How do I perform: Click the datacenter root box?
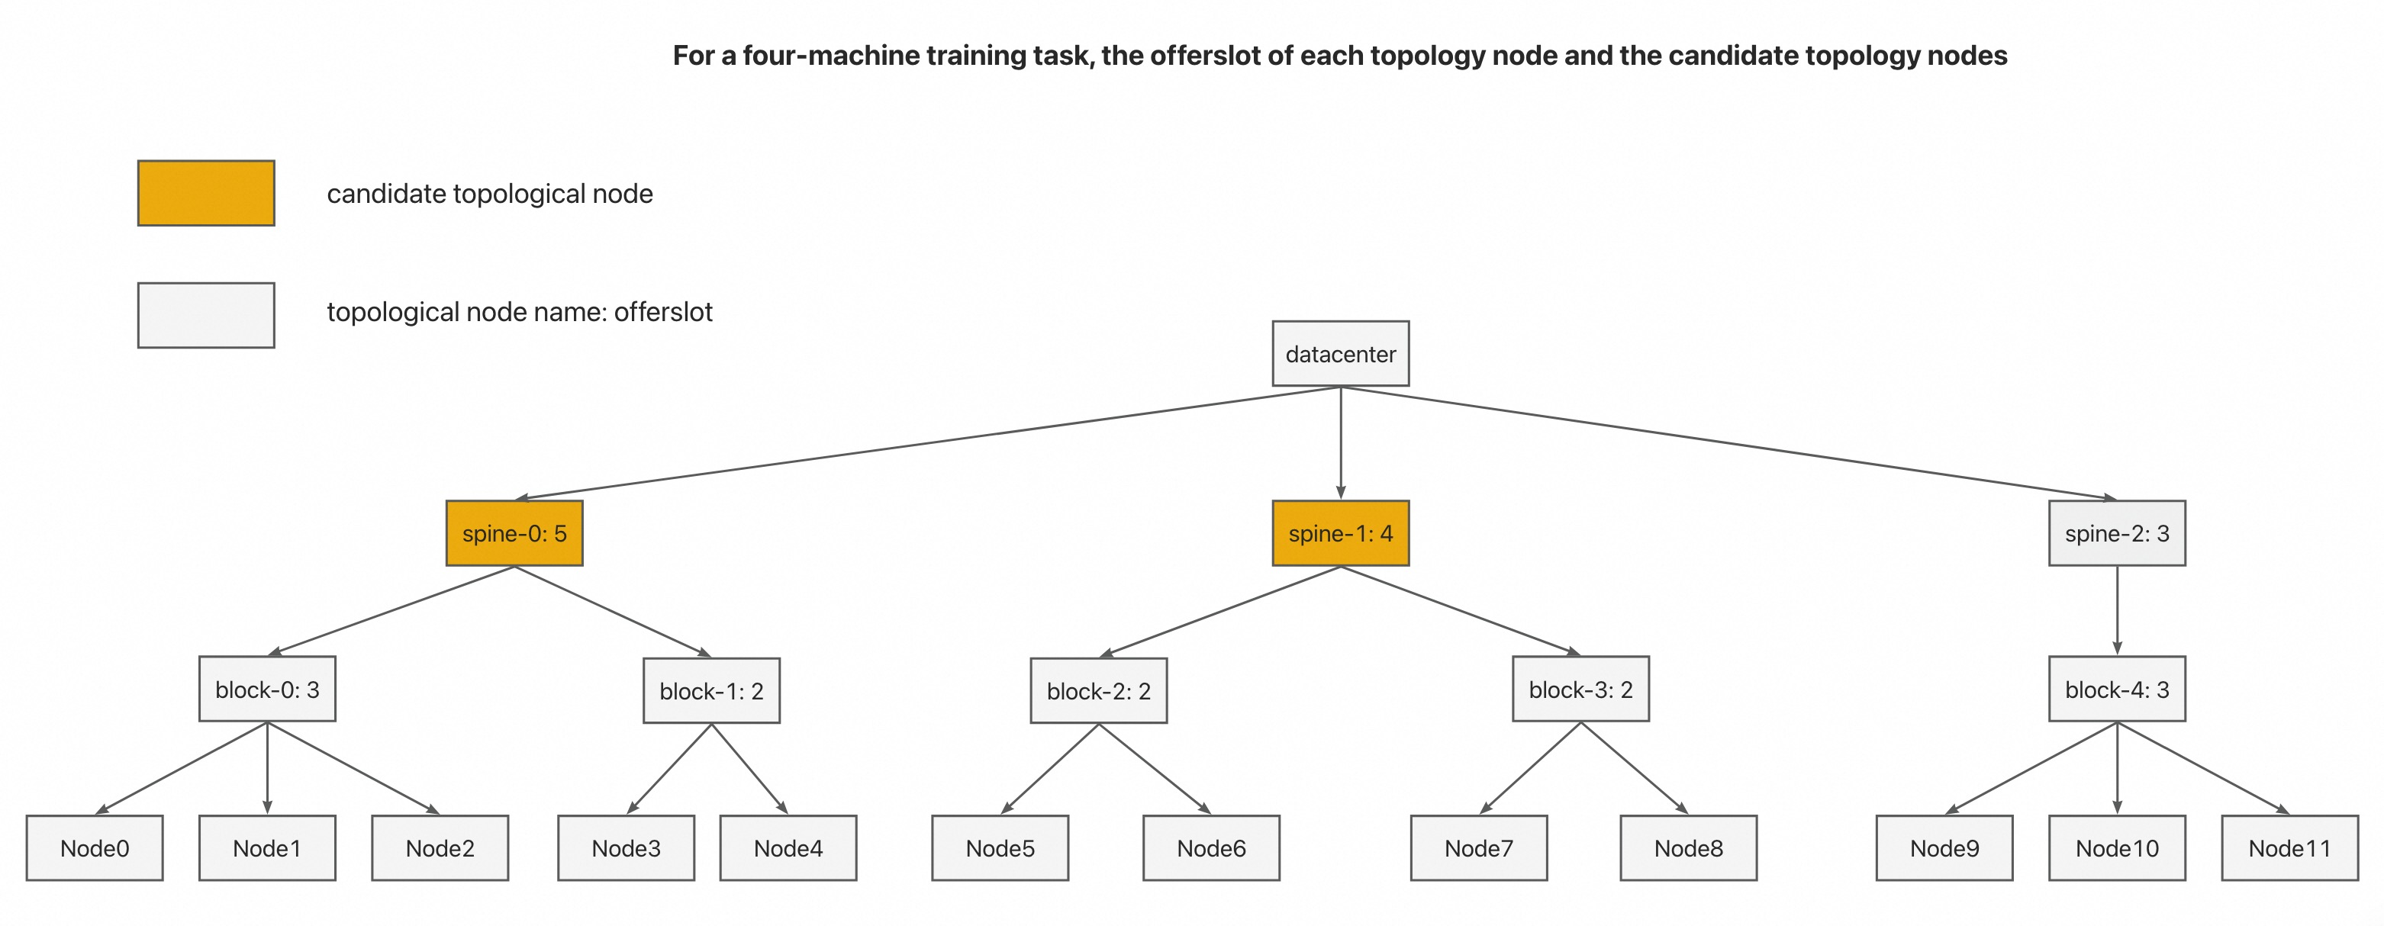pyautogui.click(x=1340, y=353)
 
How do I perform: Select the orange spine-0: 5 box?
pyautogui.click(x=514, y=533)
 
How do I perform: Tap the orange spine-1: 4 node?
pyautogui.click(x=1340, y=533)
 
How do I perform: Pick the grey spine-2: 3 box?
pyautogui.click(x=2117, y=533)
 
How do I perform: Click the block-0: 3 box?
pyautogui.click(x=267, y=690)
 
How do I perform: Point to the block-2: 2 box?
pyautogui.click(x=1099, y=691)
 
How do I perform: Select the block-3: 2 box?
pyautogui.click(x=1580, y=690)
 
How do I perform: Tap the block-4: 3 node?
pyautogui.click(x=2117, y=690)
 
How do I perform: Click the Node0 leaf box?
pyautogui.click(x=95, y=847)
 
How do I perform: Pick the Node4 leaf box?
pyautogui.click(x=788, y=847)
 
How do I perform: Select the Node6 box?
pyautogui.click(x=1211, y=847)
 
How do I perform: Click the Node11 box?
pyautogui.click(x=2289, y=847)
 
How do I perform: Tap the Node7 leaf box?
pyautogui.click(x=1479, y=847)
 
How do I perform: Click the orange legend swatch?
pyautogui.click(x=206, y=193)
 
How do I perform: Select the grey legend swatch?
pyautogui.click(x=206, y=316)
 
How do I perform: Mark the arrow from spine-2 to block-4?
pyautogui.click(x=2117, y=610)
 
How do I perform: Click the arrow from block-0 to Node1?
pyautogui.click(x=267, y=768)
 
